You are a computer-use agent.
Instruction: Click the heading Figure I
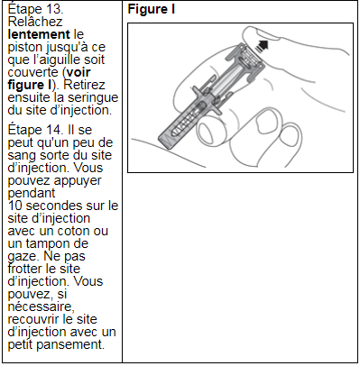(x=152, y=9)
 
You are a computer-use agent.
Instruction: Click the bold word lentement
(x=39, y=34)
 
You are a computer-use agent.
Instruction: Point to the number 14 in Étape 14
(x=55, y=130)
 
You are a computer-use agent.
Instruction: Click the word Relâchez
(x=35, y=22)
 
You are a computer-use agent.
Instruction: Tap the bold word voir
(x=78, y=72)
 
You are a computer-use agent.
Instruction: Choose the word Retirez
(x=84, y=85)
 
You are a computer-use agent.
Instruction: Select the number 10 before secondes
(x=15, y=206)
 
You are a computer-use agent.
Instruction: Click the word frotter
(x=25, y=269)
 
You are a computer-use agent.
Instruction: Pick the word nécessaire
(x=41, y=307)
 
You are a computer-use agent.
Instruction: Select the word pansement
(x=71, y=344)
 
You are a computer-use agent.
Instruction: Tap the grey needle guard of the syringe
(x=180, y=124)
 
